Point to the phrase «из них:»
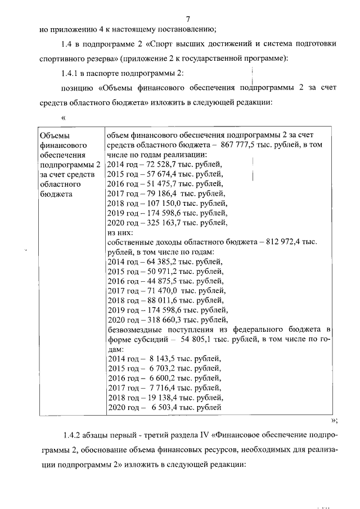[x=120, y=232]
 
